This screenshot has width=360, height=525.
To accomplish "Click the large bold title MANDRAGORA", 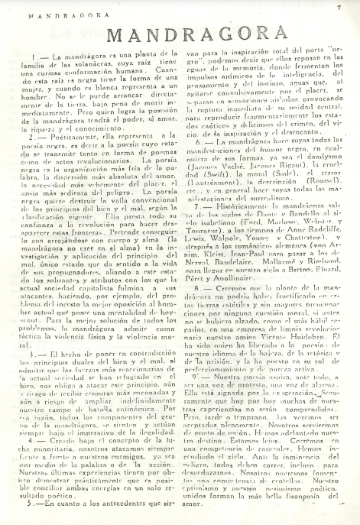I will pos(180,37).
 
